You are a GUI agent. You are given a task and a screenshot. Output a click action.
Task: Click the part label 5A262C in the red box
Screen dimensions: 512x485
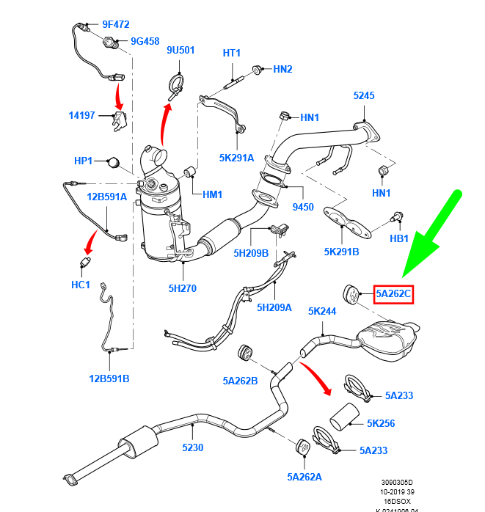pyautogui.click(x=394, y=295)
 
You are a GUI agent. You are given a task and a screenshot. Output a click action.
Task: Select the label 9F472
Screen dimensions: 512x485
pyautogui.click(x=116, y=24)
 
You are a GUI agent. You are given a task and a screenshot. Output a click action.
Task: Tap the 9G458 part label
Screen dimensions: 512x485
pyautogui.click(x=145, y=41)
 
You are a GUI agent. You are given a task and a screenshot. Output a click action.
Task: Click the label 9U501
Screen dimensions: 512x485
pyautogui.click(x=180, y=50)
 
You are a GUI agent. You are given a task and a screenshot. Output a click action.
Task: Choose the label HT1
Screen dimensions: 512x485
pyautogui.click(x=232, y=54)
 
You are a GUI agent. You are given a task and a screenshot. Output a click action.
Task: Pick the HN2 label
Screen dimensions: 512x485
pyautogui.click(x=282, y=69)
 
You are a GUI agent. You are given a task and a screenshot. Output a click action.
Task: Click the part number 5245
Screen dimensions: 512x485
pyautogui.click(x=364, y=95)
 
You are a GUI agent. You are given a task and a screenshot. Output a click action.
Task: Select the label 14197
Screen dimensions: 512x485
pyautogui.click(x=81, y=115)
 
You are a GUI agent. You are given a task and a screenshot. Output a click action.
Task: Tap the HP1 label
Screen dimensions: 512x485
pyautogui.click(x=84, y=161)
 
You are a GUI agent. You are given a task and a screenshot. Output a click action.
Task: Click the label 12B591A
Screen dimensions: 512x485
pyautogui.click(x=107, y=197)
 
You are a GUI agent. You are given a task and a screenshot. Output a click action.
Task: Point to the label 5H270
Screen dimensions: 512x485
pyautogui.click(x=182, y=288)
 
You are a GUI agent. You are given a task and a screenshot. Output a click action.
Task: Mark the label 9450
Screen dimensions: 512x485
pyautogui.click(x=303, y=207)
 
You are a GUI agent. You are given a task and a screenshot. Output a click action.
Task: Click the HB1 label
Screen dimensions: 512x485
pyautogui.click(x=399, y=238)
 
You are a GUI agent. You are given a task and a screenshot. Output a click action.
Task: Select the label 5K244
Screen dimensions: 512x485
pyautogui.click(x=321, y=311)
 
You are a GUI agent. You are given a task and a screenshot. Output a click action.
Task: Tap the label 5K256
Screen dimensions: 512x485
pyautogui.click(x=381, y=423)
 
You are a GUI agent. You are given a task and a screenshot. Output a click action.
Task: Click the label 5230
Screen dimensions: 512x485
pyautogui.click(x=192, y=447)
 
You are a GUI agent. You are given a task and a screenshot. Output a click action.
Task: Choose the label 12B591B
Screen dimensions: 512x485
pyautogui.click(x=109, y=378)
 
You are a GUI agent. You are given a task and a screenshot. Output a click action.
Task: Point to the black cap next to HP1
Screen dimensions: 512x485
pyautogui.click(x=112, y=161)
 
